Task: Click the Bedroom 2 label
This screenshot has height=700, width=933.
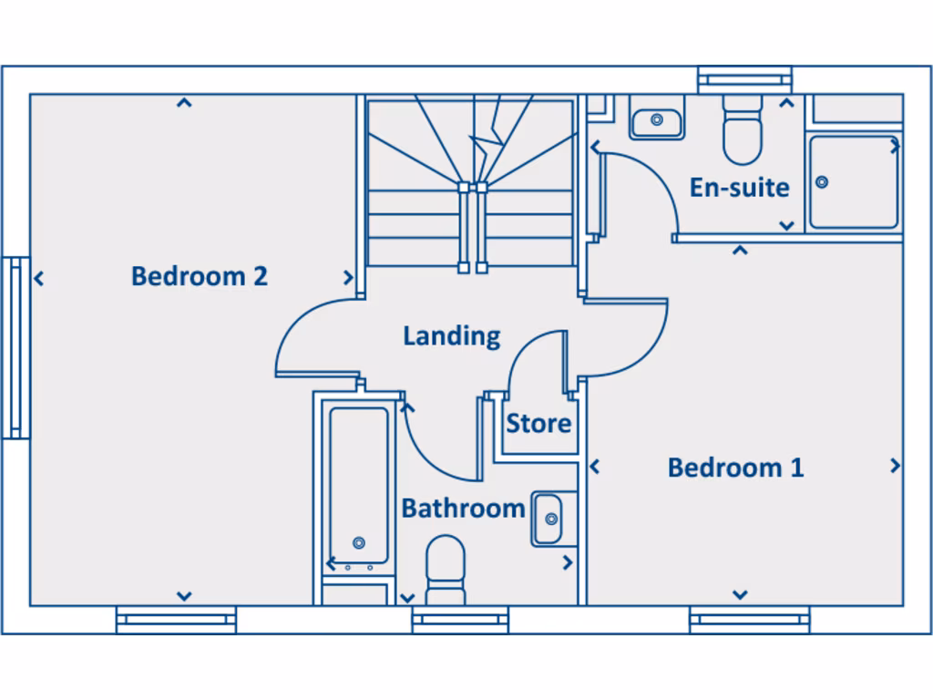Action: tap(199, 275)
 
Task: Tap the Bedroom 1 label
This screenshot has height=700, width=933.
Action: tap(735, 468)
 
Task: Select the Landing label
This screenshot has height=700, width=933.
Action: tap(452, 335)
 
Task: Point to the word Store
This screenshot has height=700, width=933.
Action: tap(538, 424)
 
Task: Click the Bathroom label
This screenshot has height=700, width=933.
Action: tap(463, 508)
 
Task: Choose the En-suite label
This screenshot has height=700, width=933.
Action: tap(739, 187)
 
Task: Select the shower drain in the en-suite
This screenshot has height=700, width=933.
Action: tap(822, 182)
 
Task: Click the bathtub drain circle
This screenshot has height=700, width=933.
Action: tap(358, 543)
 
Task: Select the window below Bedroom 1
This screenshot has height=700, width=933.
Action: tap(749, 621)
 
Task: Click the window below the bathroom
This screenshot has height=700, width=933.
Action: tap(459, 621)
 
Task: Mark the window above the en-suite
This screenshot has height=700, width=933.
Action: tap(744, 80)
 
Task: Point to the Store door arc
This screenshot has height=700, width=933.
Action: tap(524, 351)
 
